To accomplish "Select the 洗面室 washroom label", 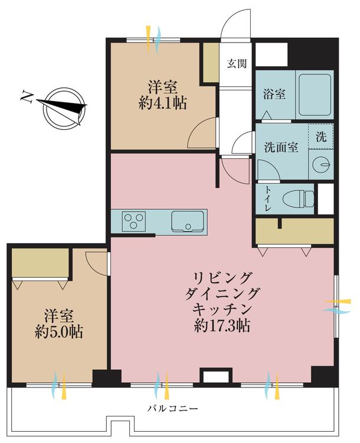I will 281,148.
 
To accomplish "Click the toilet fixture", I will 297,199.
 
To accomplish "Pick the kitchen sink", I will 188,221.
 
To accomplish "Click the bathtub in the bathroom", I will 314,94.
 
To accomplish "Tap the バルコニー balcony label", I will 172,408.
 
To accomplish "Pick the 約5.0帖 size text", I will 58,331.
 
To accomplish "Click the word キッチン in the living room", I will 222,308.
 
